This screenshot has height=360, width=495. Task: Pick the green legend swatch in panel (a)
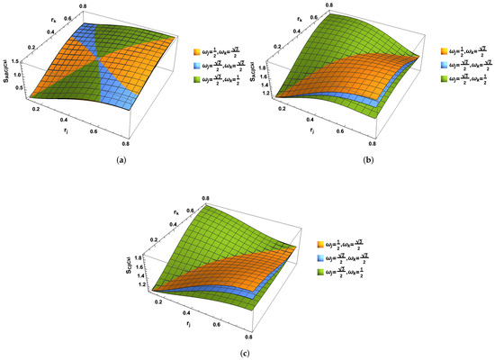pyautogui.click(x=198, y=83)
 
